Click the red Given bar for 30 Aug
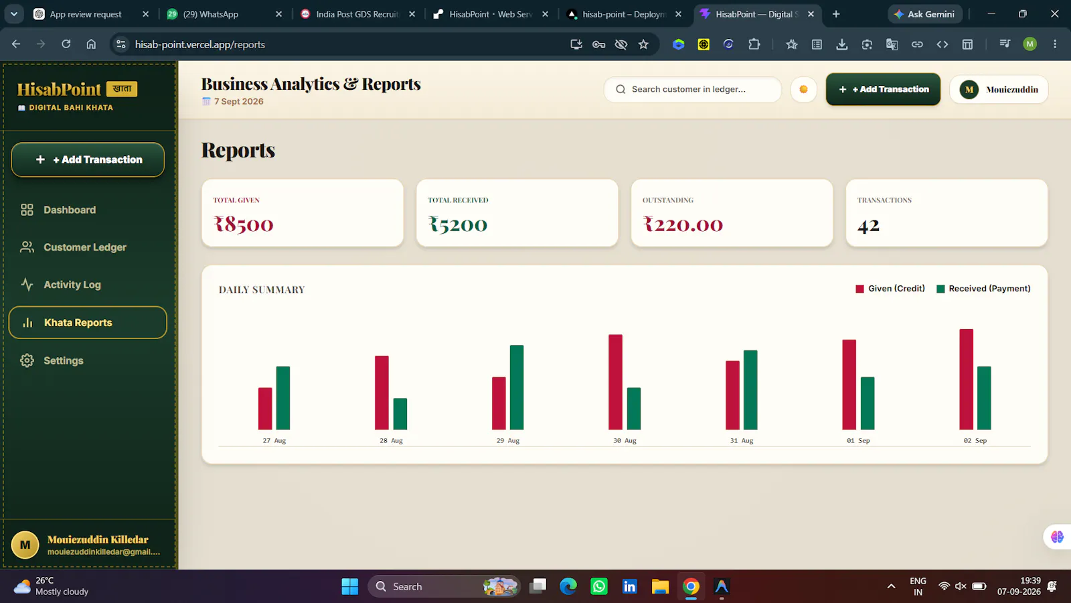click(x=615, y=382)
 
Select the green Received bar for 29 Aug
click(x=517, y=387)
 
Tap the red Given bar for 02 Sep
click(x=967, y=379)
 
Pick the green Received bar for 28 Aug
click(x=400, y=414)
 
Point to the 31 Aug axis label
click(x=742, y=440)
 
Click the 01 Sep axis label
click(x=858, y=440)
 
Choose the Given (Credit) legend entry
click(x=890, y=289)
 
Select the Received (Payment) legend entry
click(x=983, y=289)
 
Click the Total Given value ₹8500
click(x=244, y=224)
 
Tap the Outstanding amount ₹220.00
click(x=683, y=224)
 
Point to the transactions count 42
click(x=868, y=225)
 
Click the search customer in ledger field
click(x=693, y=90)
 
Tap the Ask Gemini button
click(x=924, y=14)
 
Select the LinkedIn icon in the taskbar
click(x=630, y=586)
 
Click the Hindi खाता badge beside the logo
click(x=122, y=88)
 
